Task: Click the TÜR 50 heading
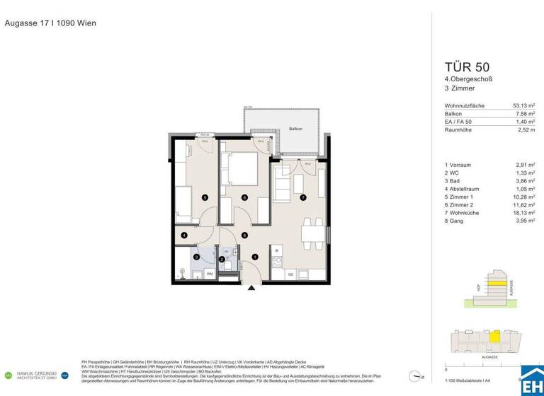click(454, 67)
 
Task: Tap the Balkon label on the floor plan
click(295, 129)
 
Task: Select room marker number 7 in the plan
click(302, 197)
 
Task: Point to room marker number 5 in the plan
click(205, 197)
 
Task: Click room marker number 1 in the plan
click(255, 257)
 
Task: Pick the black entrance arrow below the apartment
click(251, 287)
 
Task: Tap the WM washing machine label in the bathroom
click(210, 273)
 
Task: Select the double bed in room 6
click(239, 170)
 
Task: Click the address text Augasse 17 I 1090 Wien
click(50, 23)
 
